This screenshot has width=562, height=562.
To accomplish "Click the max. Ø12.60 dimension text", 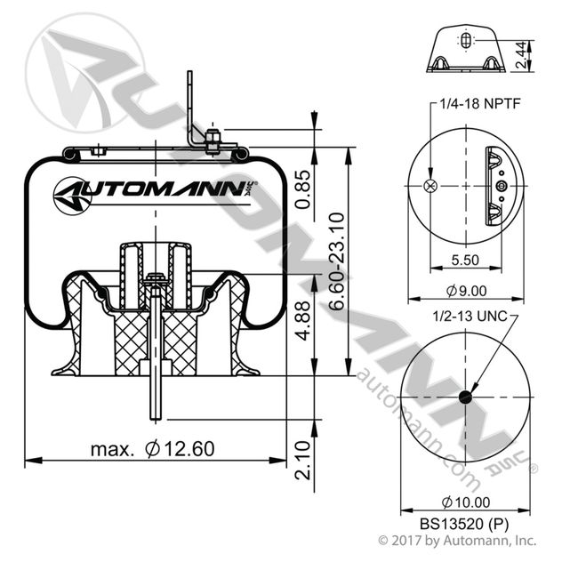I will pyautogui.click(x=152, y=449).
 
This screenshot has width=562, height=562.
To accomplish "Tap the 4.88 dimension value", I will pyautogui.click(x=302, y=324).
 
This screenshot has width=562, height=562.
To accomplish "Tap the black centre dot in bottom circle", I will pyautogui.click(x=462, y=397).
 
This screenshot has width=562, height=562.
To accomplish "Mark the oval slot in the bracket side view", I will pyautogui.click(x=466, y=41).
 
